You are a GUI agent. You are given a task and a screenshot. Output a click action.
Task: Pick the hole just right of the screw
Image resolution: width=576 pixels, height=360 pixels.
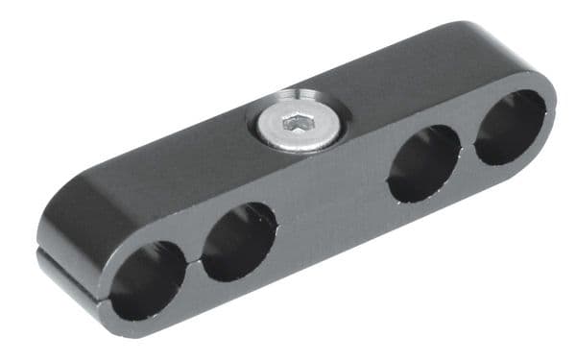pos(423,163)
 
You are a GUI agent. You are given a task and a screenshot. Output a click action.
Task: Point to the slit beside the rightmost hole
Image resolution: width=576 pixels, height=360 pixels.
pos(551,113)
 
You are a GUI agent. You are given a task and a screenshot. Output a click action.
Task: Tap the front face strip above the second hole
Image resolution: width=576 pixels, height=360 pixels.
pos(235,204)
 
